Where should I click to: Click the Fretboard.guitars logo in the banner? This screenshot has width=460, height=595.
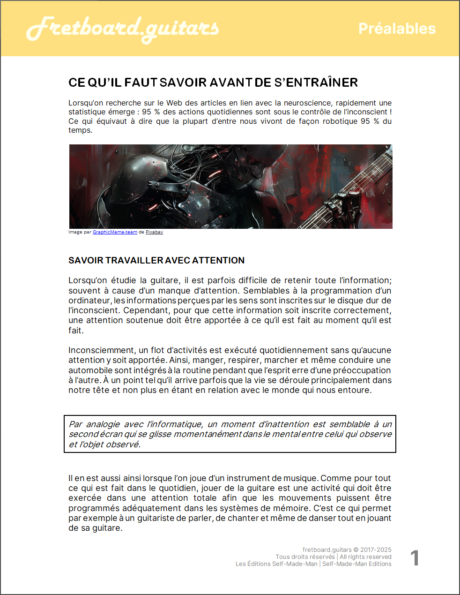click(123, 29)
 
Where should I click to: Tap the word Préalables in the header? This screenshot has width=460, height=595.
click(397, 29)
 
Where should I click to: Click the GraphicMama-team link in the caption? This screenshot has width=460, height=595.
click(115, 232)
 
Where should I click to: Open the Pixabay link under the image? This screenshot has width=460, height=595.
click(154, 232)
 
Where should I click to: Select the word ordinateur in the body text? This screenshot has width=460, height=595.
click(89, 301)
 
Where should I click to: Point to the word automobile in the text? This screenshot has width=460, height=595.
click(90, 370)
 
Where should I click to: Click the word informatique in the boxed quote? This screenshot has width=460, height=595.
click(175, 424)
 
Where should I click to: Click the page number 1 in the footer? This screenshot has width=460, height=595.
click(415, 558)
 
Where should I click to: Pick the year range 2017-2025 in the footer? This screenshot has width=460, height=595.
click(376, 550)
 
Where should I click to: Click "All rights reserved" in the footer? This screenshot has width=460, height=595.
click(365, 557)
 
